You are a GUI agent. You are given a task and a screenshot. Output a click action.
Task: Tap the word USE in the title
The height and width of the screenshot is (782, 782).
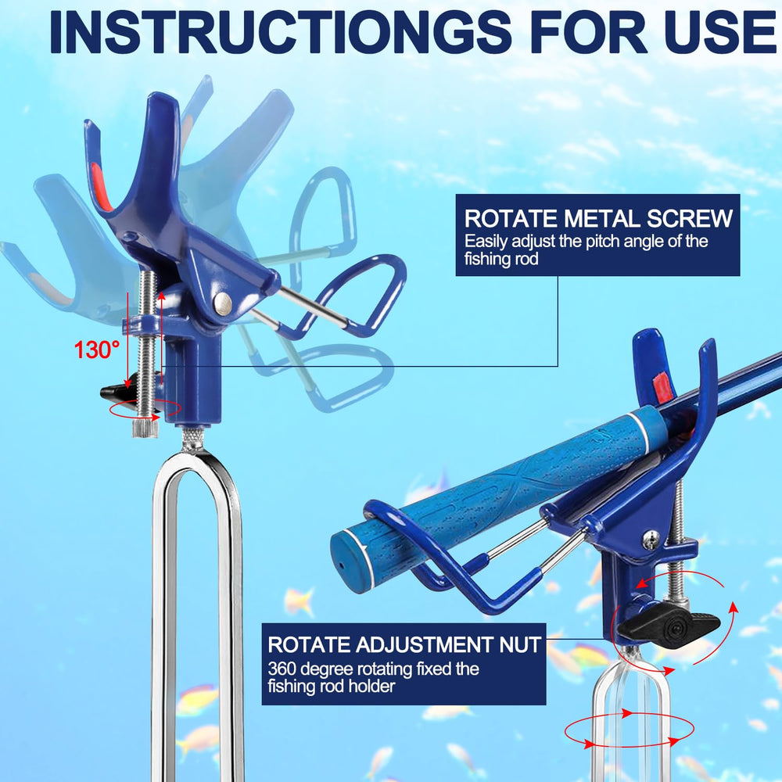[x=719, y=31]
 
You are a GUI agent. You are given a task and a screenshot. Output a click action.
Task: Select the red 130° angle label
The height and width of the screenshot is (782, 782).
[x=97, y=350]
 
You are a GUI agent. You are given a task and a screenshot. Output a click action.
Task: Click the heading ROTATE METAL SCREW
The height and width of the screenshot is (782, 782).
[x=598, y=218]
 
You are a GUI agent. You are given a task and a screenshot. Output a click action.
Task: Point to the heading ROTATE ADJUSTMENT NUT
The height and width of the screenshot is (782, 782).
[x=404, y=644]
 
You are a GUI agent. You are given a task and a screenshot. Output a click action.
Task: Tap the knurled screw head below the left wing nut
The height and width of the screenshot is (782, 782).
[x=145, y=428]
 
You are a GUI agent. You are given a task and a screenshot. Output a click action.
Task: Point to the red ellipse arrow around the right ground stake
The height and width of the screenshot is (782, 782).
[x=630, y=730]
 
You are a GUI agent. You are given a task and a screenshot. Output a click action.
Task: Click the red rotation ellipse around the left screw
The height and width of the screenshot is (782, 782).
[x=145, y=408]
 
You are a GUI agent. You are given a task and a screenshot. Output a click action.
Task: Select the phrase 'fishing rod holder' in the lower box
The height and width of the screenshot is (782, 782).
[x=331, y=687]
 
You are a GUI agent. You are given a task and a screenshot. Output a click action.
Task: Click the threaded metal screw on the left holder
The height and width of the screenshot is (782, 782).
[x=147, y=349]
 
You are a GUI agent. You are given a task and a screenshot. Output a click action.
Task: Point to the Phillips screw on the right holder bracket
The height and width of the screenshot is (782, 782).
[x=651, y=538]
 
